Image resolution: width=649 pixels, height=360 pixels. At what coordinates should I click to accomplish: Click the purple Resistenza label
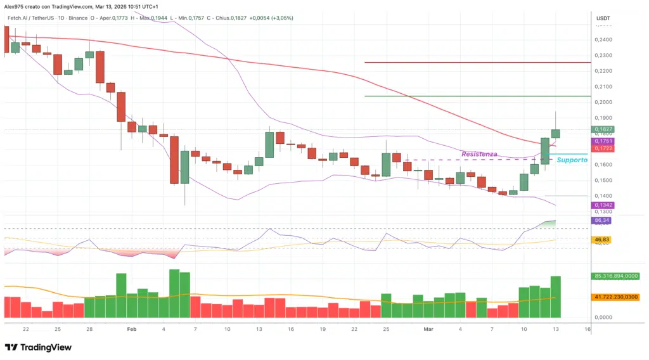pos(479,154)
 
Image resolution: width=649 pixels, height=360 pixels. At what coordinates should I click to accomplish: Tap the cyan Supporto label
pos(572,160)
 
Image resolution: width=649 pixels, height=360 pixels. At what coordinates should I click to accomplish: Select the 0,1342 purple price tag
pos(602,205)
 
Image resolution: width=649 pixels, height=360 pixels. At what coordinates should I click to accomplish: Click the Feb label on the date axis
pos(131,330)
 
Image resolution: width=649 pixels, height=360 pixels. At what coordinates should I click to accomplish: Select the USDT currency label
pos(603,18)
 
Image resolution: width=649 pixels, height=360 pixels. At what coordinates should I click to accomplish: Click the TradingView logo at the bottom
pos(38,347)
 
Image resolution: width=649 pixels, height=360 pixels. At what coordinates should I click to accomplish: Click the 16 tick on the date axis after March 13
pos(588,330)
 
